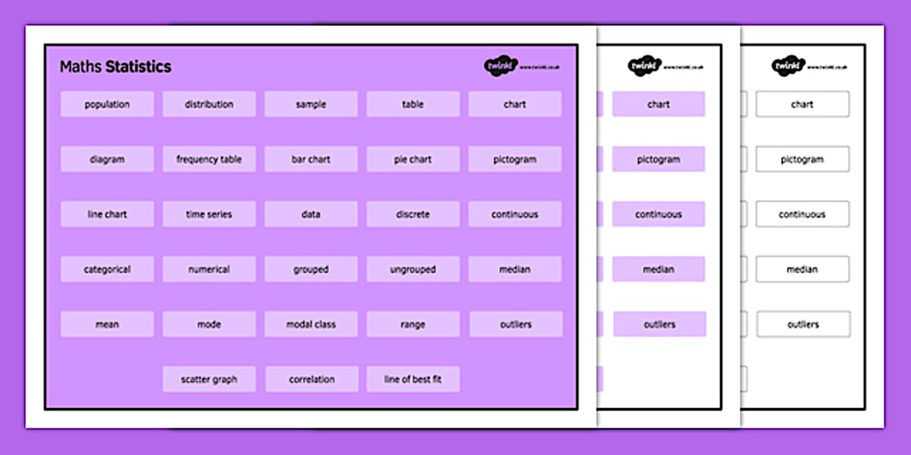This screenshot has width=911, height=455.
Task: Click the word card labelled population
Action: point(107,104)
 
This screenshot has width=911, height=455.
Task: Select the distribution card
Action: point(209,104)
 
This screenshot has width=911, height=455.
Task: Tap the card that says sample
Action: point(311,104)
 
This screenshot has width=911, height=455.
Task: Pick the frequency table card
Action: point(209,159)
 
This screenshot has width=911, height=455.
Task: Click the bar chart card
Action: point(311,159)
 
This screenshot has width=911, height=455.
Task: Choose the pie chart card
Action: point(413,159)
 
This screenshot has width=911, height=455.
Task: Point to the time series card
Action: point(209,214)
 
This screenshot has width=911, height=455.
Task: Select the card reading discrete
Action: point(413,214)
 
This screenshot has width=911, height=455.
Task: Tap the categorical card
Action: point(107,269)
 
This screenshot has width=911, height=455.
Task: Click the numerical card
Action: point(209,269)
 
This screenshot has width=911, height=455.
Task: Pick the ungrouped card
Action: point(413,269)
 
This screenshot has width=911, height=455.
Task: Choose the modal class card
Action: point(311,324)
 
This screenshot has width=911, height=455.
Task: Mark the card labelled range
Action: point(413,324)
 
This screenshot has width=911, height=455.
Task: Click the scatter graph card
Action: point(209,379)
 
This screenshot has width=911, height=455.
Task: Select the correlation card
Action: point(312,379)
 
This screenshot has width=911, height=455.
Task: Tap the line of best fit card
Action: point(413,379)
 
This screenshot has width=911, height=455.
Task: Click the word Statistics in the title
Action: point(138,67)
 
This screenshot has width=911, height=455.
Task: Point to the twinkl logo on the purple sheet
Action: point(501,66)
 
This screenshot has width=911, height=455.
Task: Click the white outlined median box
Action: point(803,269)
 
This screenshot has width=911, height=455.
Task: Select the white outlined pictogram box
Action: point(803,159)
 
